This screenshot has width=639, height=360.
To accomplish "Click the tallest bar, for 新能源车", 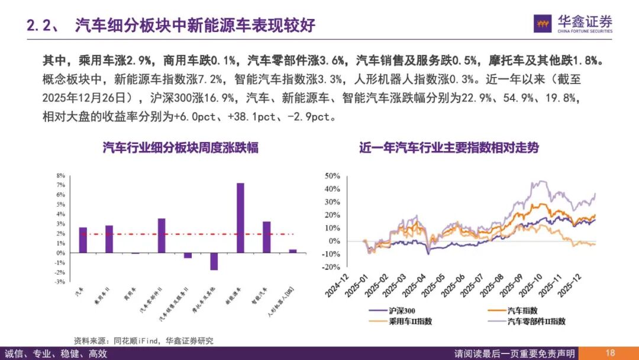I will (240, 218).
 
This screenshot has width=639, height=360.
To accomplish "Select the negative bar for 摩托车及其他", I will (214, 261).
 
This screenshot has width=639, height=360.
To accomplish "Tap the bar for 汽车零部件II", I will (162, 236).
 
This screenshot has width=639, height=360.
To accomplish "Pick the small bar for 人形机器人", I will (293, 251).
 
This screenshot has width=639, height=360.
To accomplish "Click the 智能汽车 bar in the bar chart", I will (266, 237).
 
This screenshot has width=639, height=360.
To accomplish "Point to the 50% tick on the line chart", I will (332, 176).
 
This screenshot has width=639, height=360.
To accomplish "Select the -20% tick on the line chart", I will (331, 268).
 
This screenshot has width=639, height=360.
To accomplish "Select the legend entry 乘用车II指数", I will (408, 321).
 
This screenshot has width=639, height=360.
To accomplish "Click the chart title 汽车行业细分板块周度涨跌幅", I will (180, 148).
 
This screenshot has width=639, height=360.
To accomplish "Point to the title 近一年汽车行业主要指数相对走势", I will (449, 148).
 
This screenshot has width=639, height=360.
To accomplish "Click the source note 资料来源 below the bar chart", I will (143, 340).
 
